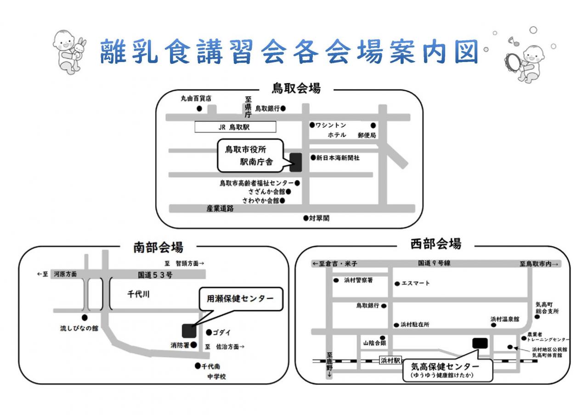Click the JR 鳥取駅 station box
[235, 127]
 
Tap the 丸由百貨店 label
[196, 98]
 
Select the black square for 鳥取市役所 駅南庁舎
[296, 163]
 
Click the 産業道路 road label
[220, 208]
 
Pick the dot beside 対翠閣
[306, 219]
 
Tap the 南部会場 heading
[158, 247]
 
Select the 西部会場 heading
[435, 244]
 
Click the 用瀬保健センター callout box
[240, 299]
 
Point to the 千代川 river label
[138, 295]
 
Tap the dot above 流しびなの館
[84, 317]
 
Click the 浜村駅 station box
[390, 361]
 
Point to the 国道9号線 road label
[433, 264]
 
